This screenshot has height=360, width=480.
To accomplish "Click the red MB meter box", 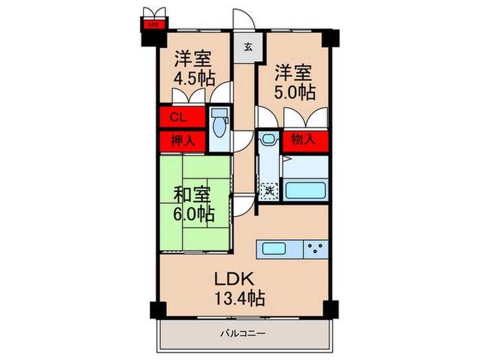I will click(x=152, y=26).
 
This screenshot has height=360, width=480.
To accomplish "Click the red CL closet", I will click(x=181, y=117).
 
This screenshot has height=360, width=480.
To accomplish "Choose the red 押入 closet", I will click(x=181, y=141).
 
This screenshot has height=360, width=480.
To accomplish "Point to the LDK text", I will click(x=237, y=279).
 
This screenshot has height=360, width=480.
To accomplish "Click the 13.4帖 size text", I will click(x=237, y=298).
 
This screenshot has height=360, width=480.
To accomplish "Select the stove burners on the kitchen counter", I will click(x=316, y=248).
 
